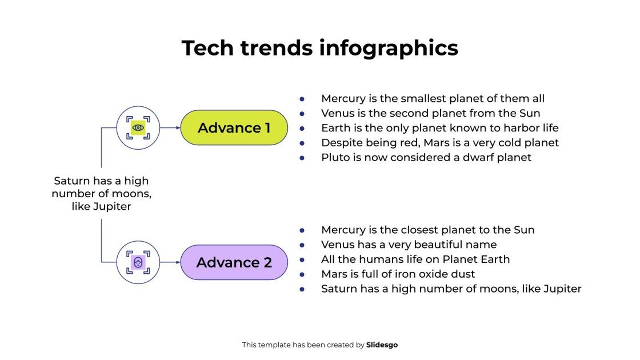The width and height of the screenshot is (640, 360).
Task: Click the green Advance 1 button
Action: pyautogui.click(x=234, y=128)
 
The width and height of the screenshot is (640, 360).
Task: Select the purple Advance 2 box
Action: pyautogui.click(x=234, y=263)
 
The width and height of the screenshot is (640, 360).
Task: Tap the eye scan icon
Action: pyautogui.click(x=138, y=128)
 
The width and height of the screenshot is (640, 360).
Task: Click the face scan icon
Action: pyautogui.click(x=138, y=263)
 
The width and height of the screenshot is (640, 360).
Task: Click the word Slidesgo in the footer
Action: pyautogui.click(x=382, y=345)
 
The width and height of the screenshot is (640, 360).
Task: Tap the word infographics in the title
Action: pyautogui.click(x=389, y=48)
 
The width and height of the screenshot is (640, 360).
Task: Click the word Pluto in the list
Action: pyautogui.click(x=335, y=157)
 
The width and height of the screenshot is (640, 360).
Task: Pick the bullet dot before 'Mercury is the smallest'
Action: pyautogui.click(x=302, y=98)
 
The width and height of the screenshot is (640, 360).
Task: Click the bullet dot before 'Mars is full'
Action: pyautogui.click(x=302, y=274)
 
